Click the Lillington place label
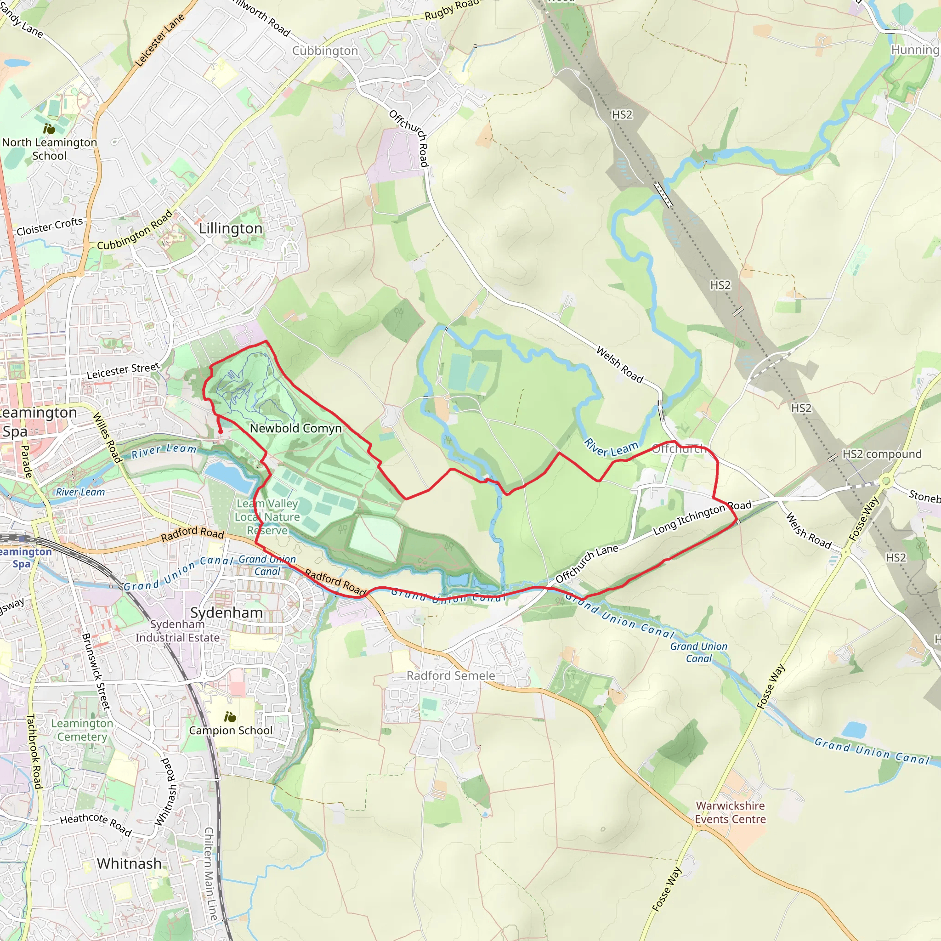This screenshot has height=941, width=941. click(230, 228)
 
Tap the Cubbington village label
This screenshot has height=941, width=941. click(325, 51)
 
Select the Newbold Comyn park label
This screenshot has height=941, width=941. click(295, 428)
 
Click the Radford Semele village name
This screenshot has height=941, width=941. click(451, 675)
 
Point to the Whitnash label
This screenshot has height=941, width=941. click(129, 863)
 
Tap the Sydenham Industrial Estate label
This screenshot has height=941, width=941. click(177, 631)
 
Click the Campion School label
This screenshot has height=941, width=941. click(231, 731)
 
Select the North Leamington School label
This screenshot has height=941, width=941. click(49, 149)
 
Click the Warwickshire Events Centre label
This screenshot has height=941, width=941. click(730, 812)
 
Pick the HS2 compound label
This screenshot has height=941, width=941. click(882, 454)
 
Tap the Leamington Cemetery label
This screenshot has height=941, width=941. click(82, 730)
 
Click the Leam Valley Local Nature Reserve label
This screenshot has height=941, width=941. click(267, 517)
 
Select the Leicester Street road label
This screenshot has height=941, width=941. click(123, 371)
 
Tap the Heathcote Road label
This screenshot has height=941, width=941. click(96, 824)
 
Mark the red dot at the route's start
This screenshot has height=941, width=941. click(220, 431)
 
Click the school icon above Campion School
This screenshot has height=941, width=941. click(230, 717)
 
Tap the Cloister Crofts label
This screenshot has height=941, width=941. click(50, 227)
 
